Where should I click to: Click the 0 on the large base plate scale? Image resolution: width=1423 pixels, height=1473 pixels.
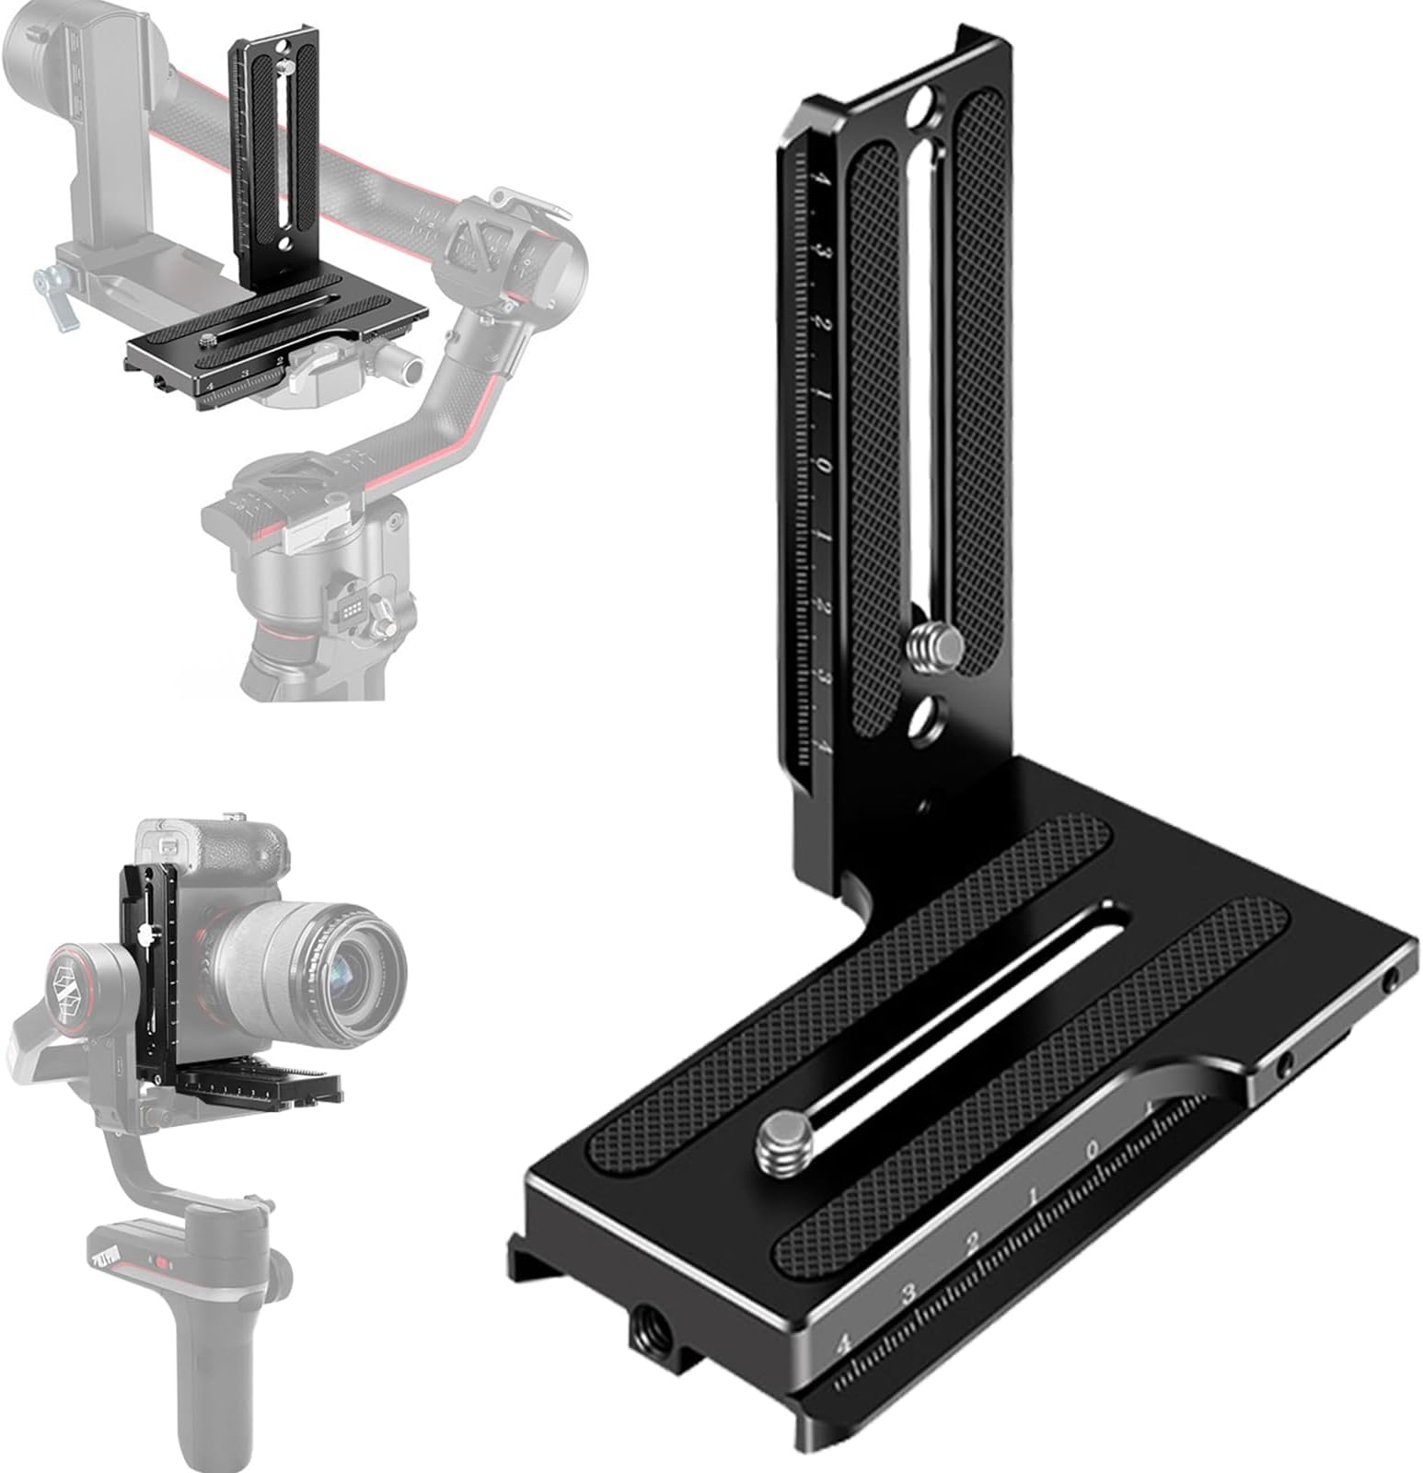[x=1093, y=1148]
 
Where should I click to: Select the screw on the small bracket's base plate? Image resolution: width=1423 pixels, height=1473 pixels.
[x=210, y=342]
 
